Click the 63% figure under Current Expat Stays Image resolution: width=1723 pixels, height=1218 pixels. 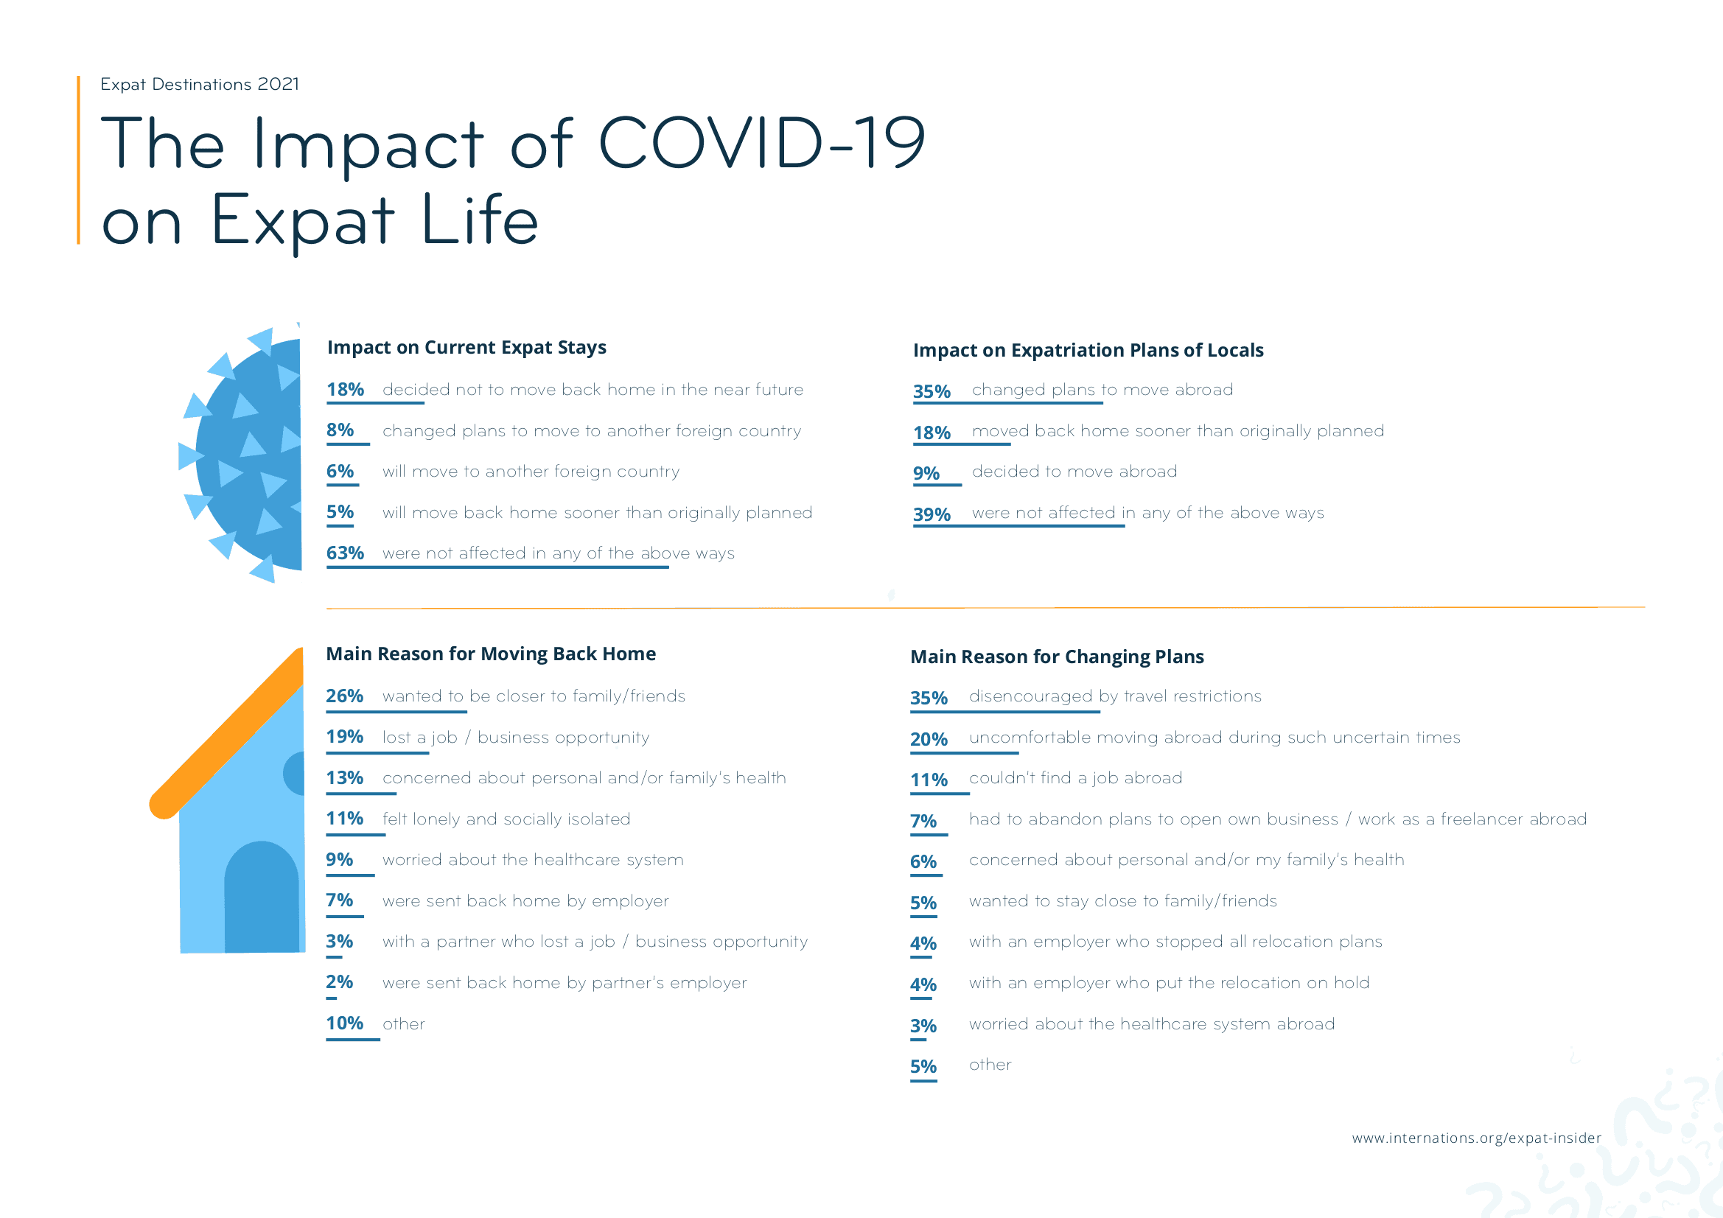pos(344,553)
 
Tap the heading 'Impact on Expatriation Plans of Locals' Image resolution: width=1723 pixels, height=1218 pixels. pos(1088,350)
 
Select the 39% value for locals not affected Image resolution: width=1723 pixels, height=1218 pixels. pos(932,514)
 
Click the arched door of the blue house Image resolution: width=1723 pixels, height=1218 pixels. pos(261,897)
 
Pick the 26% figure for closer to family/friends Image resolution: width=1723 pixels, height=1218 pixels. pos(344,696)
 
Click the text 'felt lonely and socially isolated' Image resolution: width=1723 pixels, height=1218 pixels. pos(506,819)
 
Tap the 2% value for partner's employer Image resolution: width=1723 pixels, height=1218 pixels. pos(339,981)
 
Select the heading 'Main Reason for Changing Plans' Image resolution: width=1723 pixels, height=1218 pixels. pos(1057,657)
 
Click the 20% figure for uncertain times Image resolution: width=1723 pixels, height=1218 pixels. pos(929,739)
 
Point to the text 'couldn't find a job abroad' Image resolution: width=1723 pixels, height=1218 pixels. pos(1074,778)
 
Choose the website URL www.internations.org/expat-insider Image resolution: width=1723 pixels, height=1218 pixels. pos(1475,1138)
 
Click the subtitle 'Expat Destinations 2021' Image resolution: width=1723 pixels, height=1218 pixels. pos(200,84)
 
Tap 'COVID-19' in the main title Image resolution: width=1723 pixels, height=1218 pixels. pos(761,143)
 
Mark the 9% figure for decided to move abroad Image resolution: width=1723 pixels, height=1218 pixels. pos(926,473)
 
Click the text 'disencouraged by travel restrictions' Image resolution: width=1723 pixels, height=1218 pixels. pos(1114,696)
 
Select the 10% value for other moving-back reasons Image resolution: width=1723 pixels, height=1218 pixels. pos(344,1023)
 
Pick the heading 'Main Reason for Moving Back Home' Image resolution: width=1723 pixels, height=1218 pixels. pos(491,654)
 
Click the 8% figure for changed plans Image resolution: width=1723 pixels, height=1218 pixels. pos(340,430)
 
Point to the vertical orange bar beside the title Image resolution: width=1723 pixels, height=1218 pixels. pos(78,160)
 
